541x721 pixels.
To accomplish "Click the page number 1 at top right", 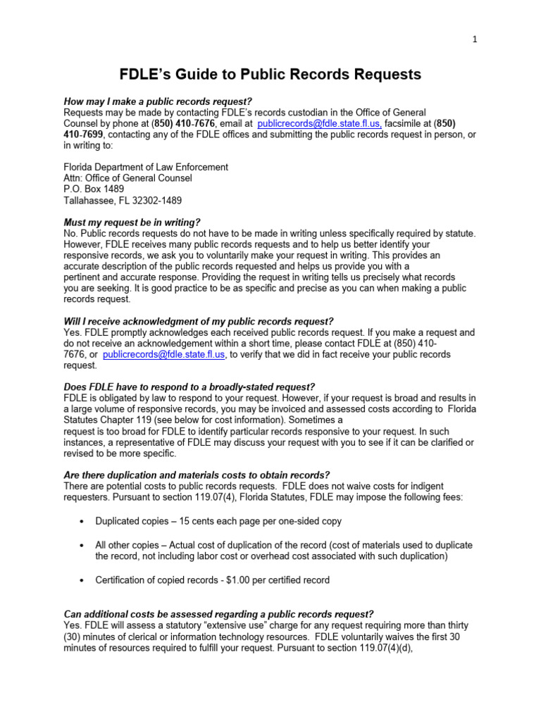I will click(475, 40).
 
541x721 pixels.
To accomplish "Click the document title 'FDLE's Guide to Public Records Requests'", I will click(270, 74).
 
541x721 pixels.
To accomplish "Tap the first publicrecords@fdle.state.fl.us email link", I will click(319, 123).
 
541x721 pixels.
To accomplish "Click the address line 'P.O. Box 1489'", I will click(95, 189).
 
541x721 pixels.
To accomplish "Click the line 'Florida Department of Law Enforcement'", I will click(146, 167).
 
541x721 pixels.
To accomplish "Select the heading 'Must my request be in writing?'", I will click(132, 222).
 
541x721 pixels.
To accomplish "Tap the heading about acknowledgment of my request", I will click(199, 321).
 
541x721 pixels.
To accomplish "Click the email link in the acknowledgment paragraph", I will click(164, 355).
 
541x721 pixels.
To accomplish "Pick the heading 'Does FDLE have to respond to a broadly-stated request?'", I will click(189, 387).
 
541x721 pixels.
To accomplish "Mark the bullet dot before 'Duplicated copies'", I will click(82, 521).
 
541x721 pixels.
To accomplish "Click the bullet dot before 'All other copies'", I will click(82, 546).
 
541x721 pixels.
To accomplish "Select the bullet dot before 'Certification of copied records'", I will click(82, 581).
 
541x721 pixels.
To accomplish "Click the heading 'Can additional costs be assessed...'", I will click(218, 614).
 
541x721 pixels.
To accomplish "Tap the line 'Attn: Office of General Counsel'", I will click(128, 178).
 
